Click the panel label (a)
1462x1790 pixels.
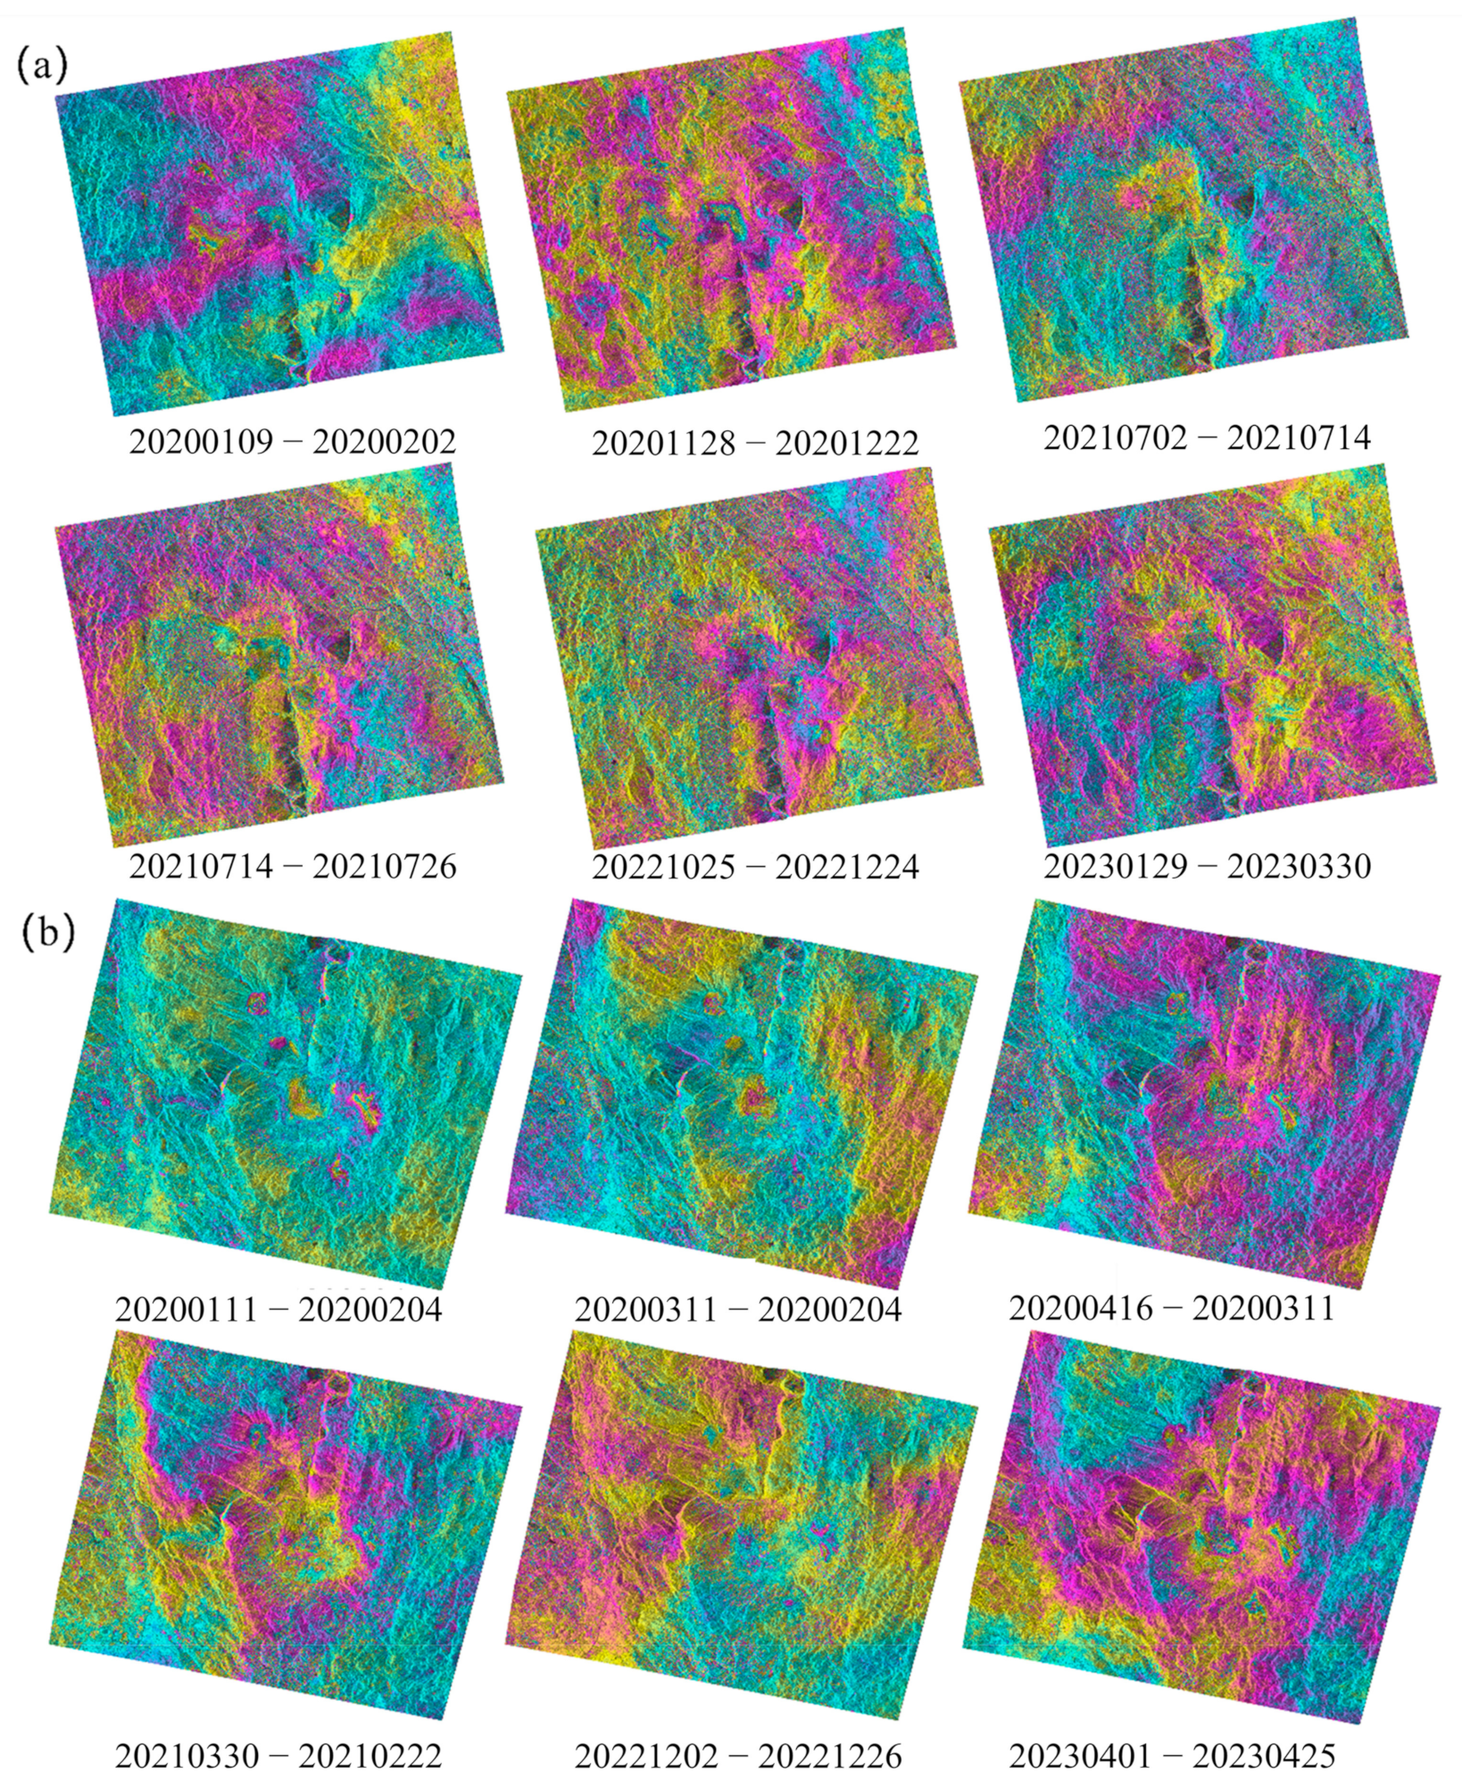[x=41, y=66]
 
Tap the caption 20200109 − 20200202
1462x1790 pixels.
[x=293, y=441]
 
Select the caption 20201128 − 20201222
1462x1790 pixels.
[x=755, y=443]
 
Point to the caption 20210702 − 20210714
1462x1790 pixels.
[x=1207, y=437]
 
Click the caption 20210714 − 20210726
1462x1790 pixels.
[x=293, y=866]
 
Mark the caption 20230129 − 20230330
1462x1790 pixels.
[x=1207, y=866]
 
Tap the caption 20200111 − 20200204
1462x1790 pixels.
[x=278, y=1310]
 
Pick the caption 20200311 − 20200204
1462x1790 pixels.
[x=738, y=1310]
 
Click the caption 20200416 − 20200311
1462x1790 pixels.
[x=1172, y=1308]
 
